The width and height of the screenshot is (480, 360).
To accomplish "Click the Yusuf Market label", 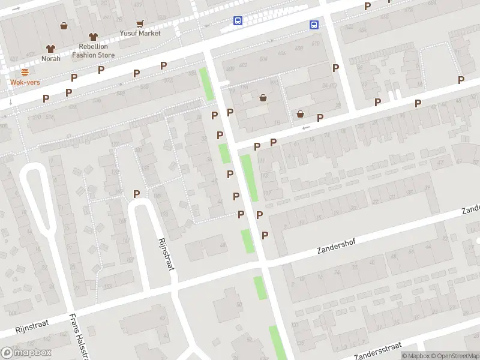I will click(140, 34).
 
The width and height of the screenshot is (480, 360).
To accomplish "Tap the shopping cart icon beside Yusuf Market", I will click(140, 24).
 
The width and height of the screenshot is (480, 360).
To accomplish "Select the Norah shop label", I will click(51, 58).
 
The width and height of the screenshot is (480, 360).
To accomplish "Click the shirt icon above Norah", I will click(51, 49).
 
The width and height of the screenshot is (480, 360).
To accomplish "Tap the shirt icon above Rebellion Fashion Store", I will click(92, 37).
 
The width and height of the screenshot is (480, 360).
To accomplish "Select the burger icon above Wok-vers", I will click(25, 71).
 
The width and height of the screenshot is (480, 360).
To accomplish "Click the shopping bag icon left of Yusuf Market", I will click(64, 26).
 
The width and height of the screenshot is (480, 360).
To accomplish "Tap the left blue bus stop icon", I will click(238, 20).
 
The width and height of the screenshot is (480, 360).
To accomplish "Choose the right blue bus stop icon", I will click(314, 25).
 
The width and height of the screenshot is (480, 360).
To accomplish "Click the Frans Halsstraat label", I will click(79, 336).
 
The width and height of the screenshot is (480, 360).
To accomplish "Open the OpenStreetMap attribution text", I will click(452, 356).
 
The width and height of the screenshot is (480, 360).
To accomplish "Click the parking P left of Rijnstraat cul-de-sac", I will click(137, 194).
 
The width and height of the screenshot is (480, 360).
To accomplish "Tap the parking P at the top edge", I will click(368, 6).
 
